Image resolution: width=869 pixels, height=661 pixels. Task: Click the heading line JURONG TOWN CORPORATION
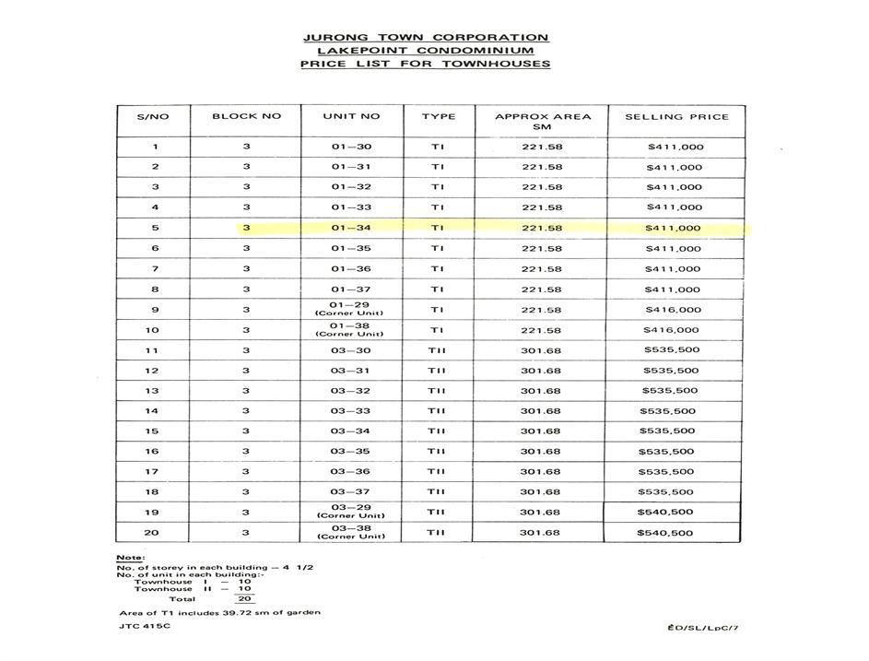pyautogui.click(x=425, y=38)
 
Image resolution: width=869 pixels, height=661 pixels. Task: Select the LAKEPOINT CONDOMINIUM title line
pyautogui.click(x=425, y=51)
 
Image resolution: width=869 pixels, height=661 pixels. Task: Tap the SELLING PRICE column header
pyautogui.click(x=676, y=117)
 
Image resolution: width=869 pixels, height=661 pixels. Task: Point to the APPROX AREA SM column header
pyautogui.click(x=542, y=122)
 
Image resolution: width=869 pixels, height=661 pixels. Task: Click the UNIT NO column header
pyautogui.click(x=351, y=117)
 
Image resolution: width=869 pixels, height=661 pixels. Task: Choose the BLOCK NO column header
pyautogui.click(x=246, y=117)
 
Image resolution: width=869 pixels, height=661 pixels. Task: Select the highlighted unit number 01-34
pyautogui.click(x=350, y=228)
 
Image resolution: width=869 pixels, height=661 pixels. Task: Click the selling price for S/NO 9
pyautogui.click(x=674, y=311)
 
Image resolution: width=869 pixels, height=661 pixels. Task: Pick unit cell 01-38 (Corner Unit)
pyautogui.click(x=350, y=329)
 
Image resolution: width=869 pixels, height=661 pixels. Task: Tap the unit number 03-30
pyautogui.click(x=350, y=350)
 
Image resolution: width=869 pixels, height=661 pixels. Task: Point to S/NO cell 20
pyautogui.click(x=154, y=533)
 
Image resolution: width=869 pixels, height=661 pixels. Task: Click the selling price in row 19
pyautogui.click(x=665, y=513)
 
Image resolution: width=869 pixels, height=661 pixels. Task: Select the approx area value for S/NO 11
pyautogui.click(x=541, y=350)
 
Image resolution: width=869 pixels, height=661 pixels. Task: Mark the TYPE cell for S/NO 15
pyautogui.click(x=437, y=431)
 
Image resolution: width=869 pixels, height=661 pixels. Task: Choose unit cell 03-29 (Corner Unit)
pyautogui.click(x=350, y=512)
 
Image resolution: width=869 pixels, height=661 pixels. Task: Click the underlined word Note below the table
pyautogui.click(x=129, y=559)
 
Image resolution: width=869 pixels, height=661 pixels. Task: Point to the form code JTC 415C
pyautogui.click(x=145, y=627)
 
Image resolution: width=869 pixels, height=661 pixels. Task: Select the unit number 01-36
pyautogui.click(x=350, y=269)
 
